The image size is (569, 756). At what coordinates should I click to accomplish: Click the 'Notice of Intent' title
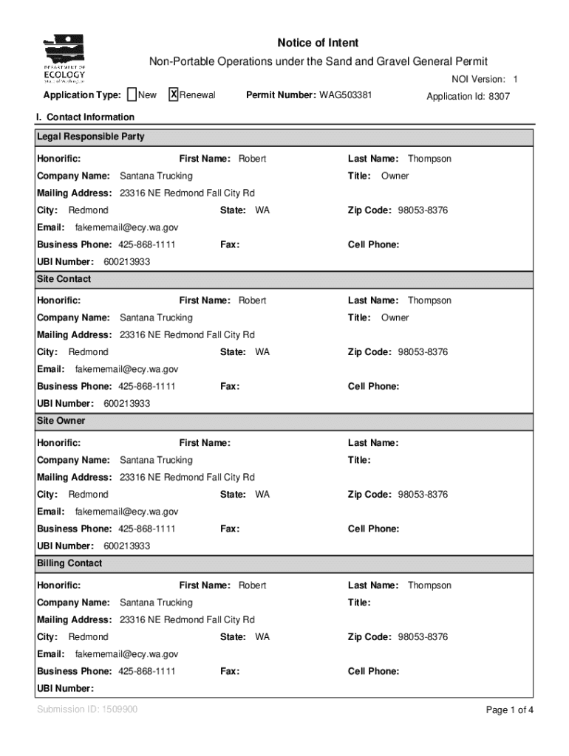click(318, 43)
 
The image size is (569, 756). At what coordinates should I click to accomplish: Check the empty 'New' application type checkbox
click(132, 94)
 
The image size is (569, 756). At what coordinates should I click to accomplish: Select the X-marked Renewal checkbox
click(174, 94)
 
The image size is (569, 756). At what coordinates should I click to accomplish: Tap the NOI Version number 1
click(516, 79)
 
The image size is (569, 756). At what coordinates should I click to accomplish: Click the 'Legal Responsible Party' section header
click(91, 137)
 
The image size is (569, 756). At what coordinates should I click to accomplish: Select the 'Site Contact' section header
click(64, 279)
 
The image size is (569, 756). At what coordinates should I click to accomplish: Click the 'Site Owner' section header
click(61, 421)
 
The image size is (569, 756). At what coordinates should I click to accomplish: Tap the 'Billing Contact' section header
click(69, 563)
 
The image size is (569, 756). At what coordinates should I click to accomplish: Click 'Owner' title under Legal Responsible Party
click(395, 176)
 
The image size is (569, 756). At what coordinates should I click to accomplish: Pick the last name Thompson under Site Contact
click(429, 300)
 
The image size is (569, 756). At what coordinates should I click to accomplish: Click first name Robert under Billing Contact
click(252, 585)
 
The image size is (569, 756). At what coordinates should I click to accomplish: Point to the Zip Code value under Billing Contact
click(423, 636)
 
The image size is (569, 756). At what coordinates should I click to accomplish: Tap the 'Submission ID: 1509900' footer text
click(87, 709)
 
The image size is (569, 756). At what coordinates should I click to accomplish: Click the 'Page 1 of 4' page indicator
click(509, 710)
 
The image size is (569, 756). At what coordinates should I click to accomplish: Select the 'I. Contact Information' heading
click(85, 117)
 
